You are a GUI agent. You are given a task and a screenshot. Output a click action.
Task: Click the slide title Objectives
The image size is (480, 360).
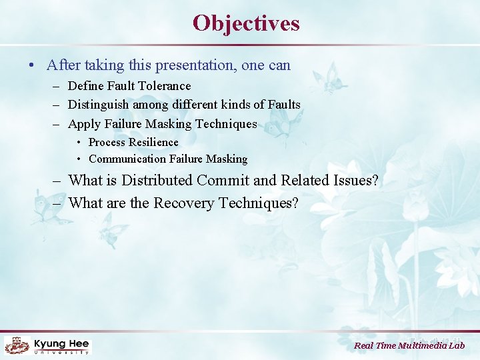point(246,23)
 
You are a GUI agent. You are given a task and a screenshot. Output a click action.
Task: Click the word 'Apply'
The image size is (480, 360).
point(84,124)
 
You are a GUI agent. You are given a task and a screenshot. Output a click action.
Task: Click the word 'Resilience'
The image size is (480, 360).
point(153,142)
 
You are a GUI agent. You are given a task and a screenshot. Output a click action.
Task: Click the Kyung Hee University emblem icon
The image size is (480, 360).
point(16,345)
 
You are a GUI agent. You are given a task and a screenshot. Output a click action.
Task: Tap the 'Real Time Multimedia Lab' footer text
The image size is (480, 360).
point(409,345)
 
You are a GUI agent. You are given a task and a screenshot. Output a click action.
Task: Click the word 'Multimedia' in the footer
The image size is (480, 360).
point(423,345)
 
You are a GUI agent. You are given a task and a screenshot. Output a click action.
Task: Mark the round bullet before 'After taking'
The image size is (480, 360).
point(32,66)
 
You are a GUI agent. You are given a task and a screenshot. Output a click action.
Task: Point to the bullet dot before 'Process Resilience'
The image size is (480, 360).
point(79,143)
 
